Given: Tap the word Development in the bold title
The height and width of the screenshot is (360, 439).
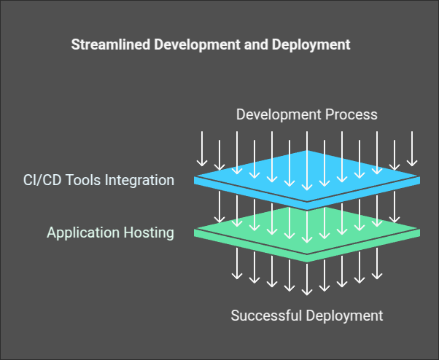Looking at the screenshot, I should coord(179,44).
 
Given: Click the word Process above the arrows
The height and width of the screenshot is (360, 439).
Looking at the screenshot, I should coord(352,114).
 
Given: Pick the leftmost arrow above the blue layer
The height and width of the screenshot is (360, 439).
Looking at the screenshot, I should coord(201,149).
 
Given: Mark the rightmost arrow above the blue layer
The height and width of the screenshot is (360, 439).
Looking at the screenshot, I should coord(412,149).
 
